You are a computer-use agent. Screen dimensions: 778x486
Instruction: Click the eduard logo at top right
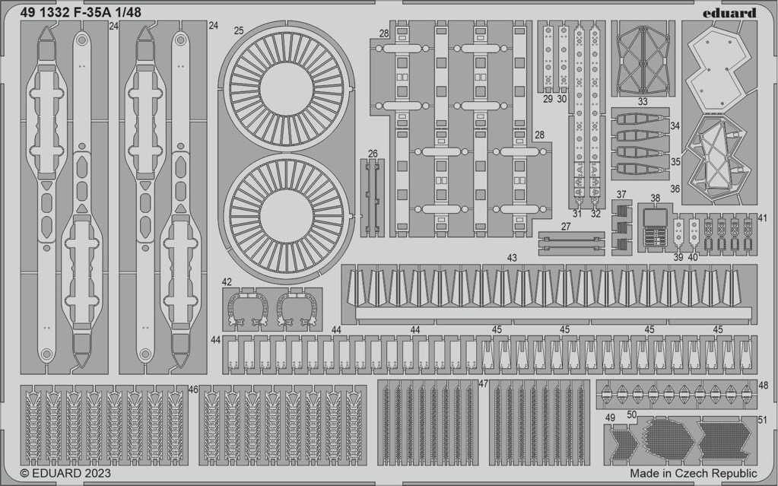tap(729, 13)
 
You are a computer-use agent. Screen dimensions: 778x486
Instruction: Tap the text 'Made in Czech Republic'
tap(694, 473)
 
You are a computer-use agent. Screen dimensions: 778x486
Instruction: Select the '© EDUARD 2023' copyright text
tap(65, 473)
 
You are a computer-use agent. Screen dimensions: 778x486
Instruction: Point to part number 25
tap(239, 30)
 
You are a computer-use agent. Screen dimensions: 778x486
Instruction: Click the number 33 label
tap(643, 102)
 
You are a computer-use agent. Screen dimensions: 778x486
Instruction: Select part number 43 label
tap(512, 258)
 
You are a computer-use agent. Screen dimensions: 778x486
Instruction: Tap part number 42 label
tap(227, 282)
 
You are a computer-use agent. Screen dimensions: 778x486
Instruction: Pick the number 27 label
tap(566, 227)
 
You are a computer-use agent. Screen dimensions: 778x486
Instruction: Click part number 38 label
tap(655, 199)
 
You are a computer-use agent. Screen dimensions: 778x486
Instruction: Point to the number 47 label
tap(484, 384)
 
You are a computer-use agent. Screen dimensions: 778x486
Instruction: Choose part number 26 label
tap(373, 154)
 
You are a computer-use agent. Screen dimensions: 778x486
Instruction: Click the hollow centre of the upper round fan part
tap(286, 89)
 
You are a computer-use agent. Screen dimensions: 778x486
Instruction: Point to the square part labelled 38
tap(655, 218)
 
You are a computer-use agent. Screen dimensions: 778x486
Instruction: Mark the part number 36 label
tap(675, 189)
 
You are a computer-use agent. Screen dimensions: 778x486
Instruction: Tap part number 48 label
tap(763, 386)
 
